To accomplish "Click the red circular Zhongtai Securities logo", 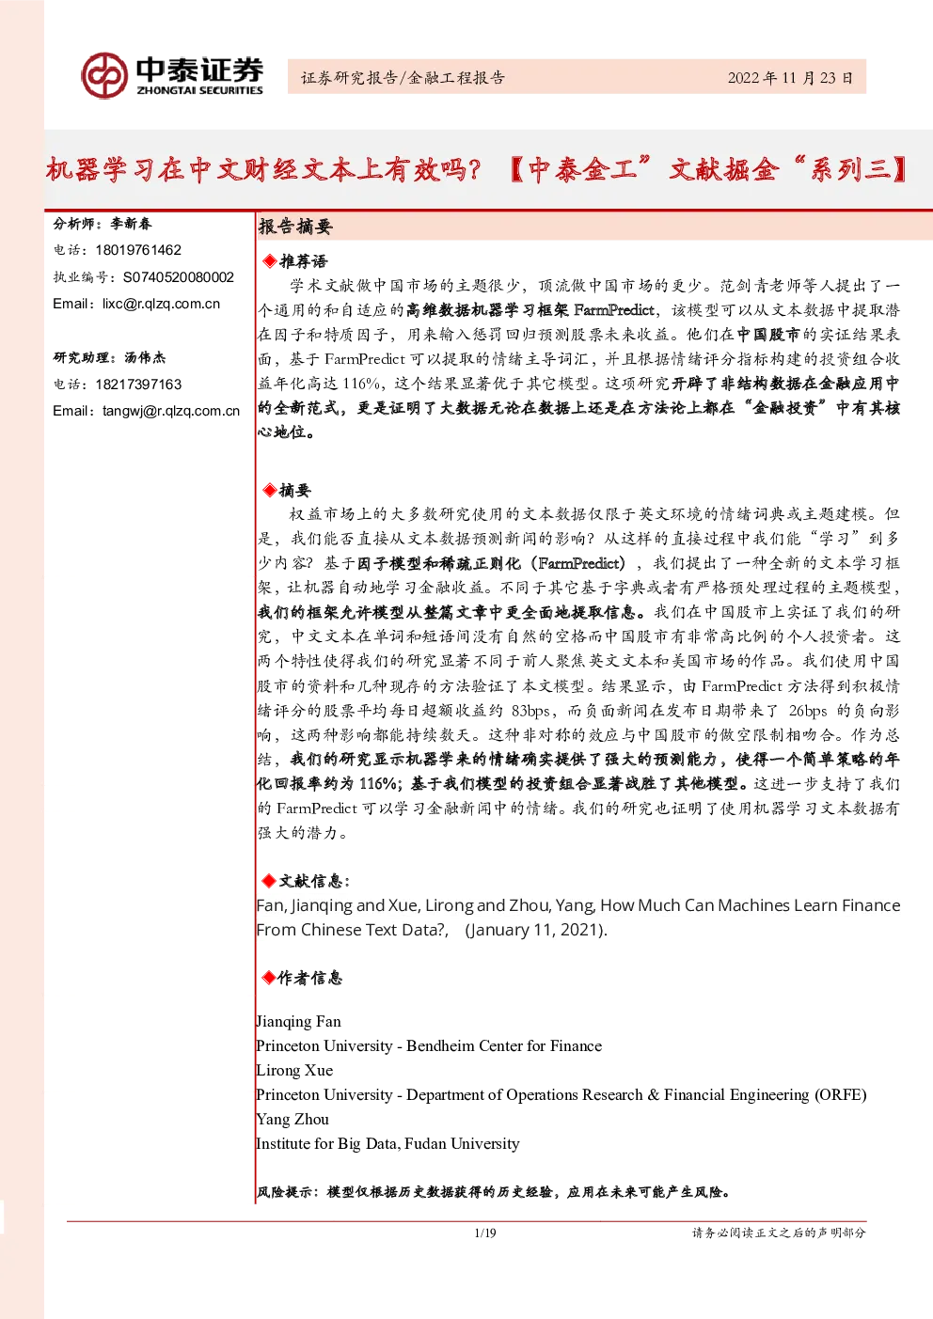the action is (104, 75).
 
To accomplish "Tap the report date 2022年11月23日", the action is (790, 78).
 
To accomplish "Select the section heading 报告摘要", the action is (295, 227).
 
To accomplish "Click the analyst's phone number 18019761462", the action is (138, 250).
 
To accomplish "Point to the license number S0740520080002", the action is (179, 277).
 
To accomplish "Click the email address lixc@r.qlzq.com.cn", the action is (162, 304).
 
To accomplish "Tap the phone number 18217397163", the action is (138, 385).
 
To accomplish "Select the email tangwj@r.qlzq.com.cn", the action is (171, 411).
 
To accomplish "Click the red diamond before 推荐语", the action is (270, 261).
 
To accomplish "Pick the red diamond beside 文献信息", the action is (269, 881).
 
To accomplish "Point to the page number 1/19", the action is (485, 1233).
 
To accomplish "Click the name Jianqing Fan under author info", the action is (299, 1022).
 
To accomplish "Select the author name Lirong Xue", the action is (294, 1071).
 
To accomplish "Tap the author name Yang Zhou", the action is (293, 1120).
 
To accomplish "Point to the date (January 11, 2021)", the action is (536, 930).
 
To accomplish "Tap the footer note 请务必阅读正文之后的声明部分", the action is (779, 1233).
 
